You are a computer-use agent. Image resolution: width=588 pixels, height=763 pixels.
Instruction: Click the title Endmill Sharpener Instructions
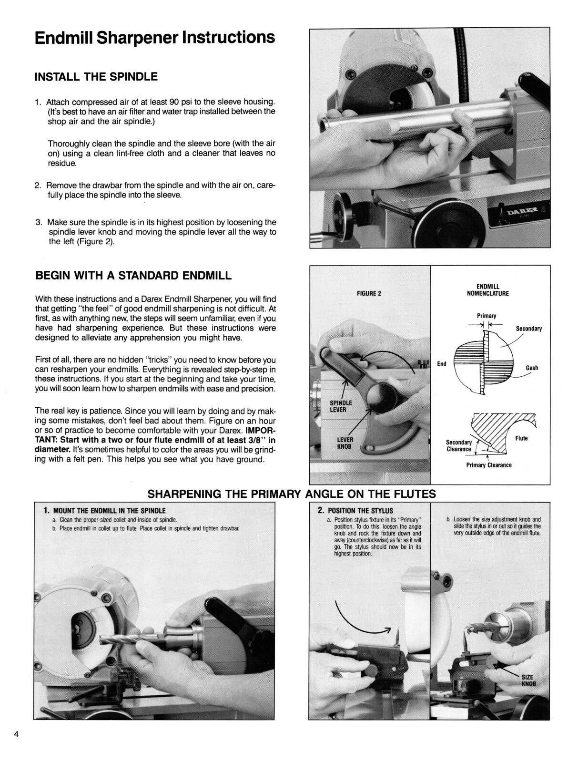point(154,38)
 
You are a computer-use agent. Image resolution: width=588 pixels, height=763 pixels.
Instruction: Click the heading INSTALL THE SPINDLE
point(96,76)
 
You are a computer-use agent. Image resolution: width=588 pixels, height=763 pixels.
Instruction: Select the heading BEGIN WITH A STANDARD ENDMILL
point(134,276)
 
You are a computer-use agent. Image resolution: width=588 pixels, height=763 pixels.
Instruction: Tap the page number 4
point(16,734)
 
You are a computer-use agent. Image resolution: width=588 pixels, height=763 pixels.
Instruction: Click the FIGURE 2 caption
point(369,293)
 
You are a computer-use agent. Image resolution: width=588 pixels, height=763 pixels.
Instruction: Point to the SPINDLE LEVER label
point(341,406)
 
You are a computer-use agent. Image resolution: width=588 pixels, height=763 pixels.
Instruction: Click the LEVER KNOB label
point(345,443)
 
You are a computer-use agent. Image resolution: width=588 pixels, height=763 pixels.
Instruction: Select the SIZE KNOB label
point(528,680)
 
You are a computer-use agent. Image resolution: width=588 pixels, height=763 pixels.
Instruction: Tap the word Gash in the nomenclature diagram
point(532,368)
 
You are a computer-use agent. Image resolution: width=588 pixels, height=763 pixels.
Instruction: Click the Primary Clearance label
point(488,465)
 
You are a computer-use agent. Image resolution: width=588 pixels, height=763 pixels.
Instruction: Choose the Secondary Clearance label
point(458,445)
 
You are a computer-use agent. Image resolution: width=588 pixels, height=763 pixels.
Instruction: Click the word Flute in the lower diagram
point(521,438)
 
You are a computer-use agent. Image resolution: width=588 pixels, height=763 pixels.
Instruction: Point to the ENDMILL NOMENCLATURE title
point(487,290)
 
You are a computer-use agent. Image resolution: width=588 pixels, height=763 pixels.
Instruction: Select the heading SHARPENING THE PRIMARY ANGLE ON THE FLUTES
point(292,494)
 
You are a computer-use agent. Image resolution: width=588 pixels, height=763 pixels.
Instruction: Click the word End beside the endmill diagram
point(441,364)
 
